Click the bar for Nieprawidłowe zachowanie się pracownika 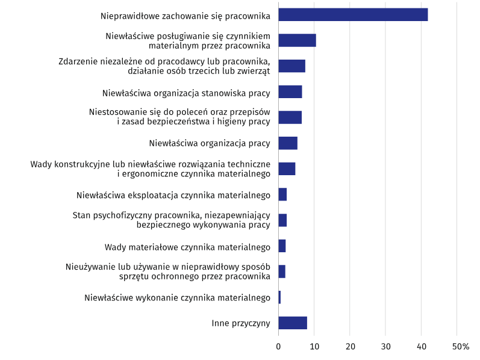pos(353,15)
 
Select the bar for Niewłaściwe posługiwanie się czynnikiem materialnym pos(297,40)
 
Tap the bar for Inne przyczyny pos(293,323)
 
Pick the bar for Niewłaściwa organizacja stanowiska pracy pos(290,92)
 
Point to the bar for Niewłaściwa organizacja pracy pos(288,143)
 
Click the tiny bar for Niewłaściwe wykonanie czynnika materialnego pos(279,297)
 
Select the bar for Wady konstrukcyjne pos(287,169)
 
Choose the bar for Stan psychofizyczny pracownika pos(282,220)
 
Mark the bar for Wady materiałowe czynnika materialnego pos(282,246)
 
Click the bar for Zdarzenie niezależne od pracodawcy pos(291,66)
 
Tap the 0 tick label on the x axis pos(278,347)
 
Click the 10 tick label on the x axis pos(314,347)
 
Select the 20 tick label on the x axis pos(350,347)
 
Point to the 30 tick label pos(385,347)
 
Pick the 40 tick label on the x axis pos(421,347)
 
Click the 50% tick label pos(460,347)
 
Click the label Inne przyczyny pos(240,323)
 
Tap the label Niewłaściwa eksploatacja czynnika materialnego pos(173,195)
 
